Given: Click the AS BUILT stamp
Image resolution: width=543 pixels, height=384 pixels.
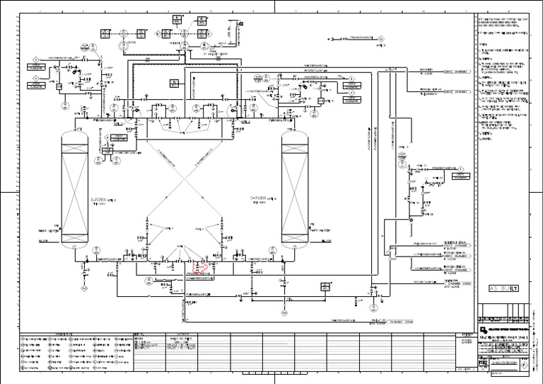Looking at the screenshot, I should [504, 288].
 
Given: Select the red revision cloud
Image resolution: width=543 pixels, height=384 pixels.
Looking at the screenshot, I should [199, 269].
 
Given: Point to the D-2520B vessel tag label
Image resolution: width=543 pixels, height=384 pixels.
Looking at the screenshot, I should [258, 198].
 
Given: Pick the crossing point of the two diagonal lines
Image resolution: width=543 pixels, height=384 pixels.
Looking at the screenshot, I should [186, 183].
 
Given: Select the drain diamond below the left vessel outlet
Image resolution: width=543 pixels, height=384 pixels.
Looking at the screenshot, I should [83, 288].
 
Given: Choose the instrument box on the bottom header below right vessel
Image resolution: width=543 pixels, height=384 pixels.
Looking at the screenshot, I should [326, 286].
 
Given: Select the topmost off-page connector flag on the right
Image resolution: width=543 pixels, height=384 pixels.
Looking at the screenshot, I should [455, 71].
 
